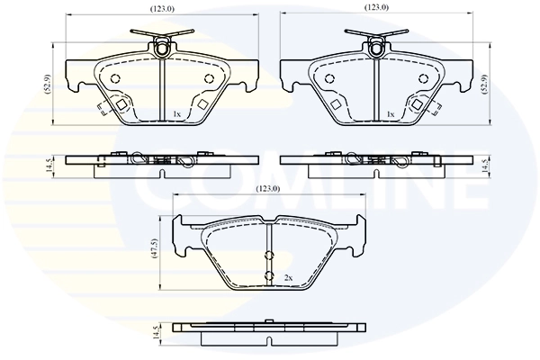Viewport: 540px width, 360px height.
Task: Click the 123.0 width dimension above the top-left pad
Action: pos(163,8)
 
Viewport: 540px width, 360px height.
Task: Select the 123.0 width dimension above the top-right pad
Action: pos(376,8)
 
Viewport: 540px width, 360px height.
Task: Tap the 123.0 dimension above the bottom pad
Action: pos(268,188)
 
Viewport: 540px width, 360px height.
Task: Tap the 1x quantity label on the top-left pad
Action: pos(177,114)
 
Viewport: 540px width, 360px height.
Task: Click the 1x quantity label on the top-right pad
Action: pos(390,114)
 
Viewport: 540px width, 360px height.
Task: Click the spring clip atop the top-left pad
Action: pos(162,42)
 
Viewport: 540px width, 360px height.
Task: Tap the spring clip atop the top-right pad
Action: pos(374,42)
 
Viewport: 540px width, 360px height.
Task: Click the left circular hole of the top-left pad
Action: pos(116,79)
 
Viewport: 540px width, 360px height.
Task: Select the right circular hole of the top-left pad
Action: pos(209,79)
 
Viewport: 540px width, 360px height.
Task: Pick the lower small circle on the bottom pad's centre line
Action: pos(268,275)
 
